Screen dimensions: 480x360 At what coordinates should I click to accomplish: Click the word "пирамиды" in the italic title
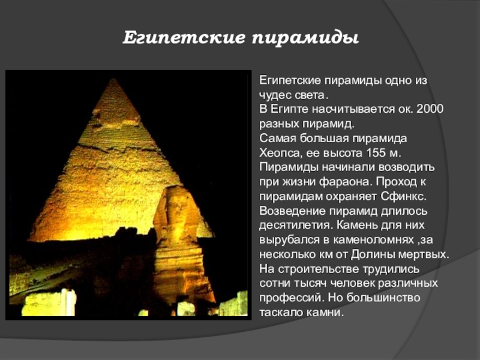point(305,38)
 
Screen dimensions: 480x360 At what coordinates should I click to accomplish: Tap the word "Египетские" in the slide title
point(184,38)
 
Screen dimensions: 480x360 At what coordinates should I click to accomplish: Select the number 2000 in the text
point(430,109)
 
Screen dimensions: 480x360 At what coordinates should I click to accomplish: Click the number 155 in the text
point(376,152)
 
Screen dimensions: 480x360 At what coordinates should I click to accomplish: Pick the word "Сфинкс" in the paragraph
point(403,196)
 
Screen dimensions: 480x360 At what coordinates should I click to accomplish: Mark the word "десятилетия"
point(295,226)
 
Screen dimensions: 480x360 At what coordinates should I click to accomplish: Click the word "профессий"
point(292,298)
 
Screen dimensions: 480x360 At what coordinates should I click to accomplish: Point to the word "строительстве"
point(319,269)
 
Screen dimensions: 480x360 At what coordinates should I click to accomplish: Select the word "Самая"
point(278,138)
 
